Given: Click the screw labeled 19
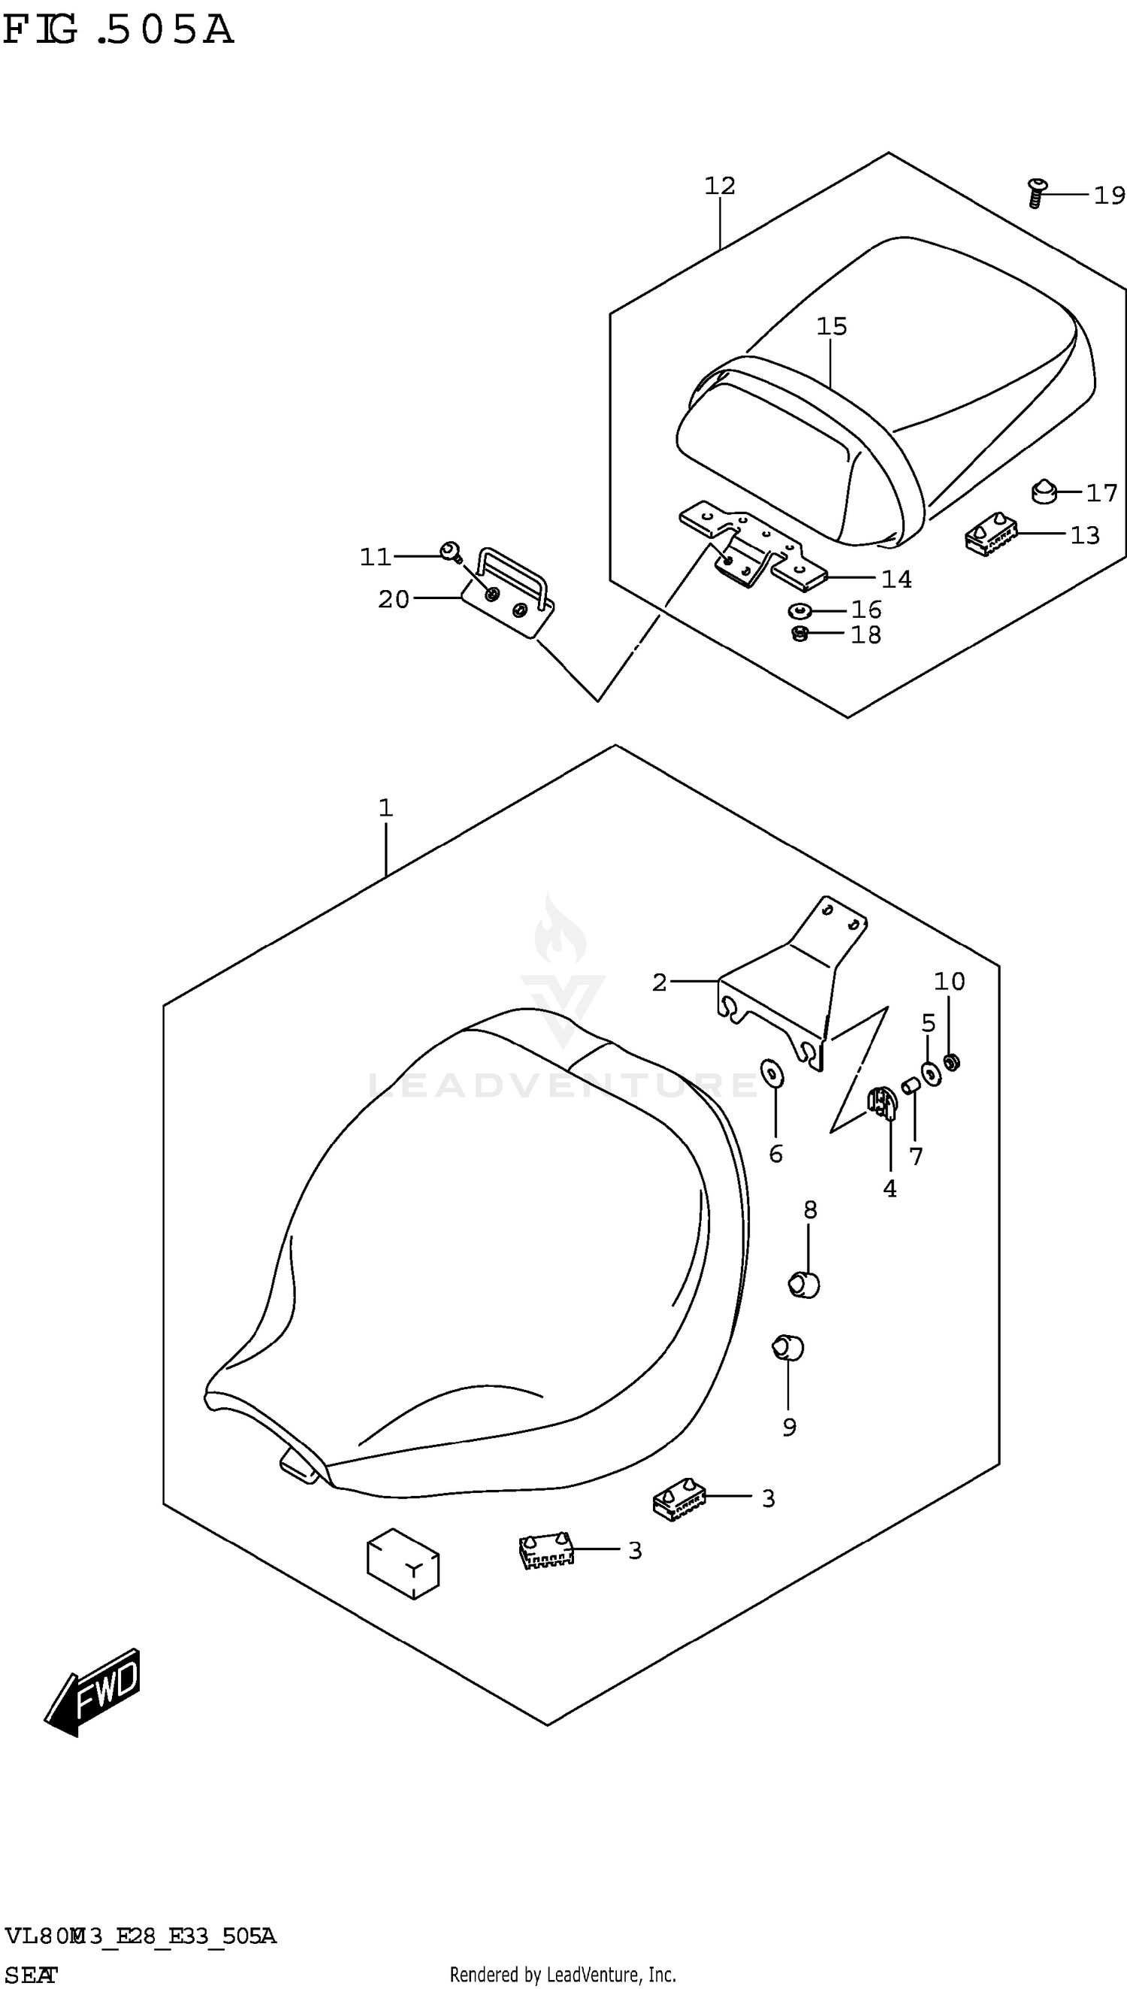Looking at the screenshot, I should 1035,192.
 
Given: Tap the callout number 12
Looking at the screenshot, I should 719,186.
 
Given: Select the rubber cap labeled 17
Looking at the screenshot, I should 1045,491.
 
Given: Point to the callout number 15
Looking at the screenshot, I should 831,326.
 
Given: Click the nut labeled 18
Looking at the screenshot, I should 800,634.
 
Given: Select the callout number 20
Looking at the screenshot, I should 393,599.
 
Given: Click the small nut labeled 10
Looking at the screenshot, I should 953,1062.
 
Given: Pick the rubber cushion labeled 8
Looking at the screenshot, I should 804,1285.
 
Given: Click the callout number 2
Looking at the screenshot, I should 659,982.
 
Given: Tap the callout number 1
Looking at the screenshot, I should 385,808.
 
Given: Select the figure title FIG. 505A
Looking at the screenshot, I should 118,31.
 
